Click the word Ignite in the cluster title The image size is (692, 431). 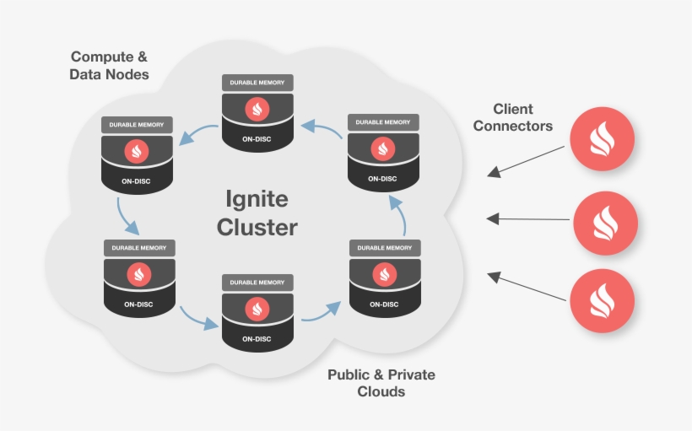pos(257,200)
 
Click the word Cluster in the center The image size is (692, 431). pos(257,228)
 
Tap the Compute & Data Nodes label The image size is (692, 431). pos(110,66)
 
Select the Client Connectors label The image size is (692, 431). pos(513,117)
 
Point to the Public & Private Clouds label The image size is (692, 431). pos(381,383)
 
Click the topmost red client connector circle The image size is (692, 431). pos(602,139)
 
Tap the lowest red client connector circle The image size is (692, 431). pos(602,301)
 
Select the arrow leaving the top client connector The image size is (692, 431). pos(527,161)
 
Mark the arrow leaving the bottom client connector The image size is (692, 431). pos(527,286)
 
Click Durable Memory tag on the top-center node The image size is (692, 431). pos(257,83)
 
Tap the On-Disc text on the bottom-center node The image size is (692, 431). pos(257,339)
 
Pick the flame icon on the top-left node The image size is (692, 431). pos(137,152)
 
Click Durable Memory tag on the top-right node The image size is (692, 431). pos(384,122)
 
